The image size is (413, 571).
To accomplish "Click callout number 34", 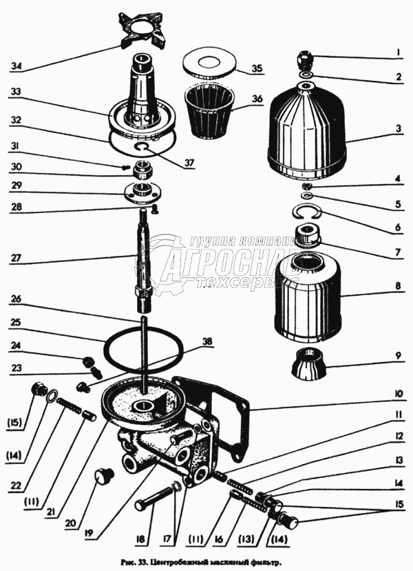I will click(x=17, y=66).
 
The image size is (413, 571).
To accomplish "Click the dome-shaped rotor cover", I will click(x=307, y=131).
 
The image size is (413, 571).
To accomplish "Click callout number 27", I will click(x=17, y=259).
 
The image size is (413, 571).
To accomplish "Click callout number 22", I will click(x=16, y=465).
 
